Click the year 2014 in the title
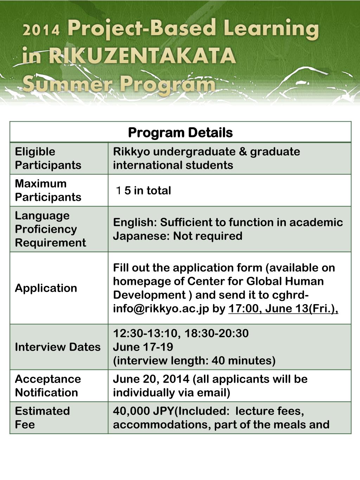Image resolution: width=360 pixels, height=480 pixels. click(41, 30)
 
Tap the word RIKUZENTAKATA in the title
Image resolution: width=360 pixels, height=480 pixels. click(142, 56)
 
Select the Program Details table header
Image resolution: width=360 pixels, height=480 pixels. click(180, 133)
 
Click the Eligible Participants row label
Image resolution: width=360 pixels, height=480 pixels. click(48, 158)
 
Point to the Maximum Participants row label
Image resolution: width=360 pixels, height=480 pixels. click(48, 190)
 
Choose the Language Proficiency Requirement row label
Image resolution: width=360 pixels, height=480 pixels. click(50, 229)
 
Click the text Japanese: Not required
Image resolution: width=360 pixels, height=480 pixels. click(178, 236)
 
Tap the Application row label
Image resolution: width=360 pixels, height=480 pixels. click(46, 288)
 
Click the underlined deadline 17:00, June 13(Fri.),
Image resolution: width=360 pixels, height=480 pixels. click(283, 308)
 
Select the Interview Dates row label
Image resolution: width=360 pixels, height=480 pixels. click(58, 347)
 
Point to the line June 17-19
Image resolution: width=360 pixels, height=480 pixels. click(143, 347)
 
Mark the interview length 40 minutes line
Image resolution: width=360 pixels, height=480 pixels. click(194, 360)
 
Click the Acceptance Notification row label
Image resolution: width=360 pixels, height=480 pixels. click(48, 385)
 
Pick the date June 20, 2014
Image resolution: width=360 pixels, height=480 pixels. click(151, 379)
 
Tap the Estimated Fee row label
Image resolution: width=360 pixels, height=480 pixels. click(42, 417)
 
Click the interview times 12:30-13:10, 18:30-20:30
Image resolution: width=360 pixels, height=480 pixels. click(181, 333)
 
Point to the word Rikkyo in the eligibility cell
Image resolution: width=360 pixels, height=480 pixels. click(131, 152)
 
